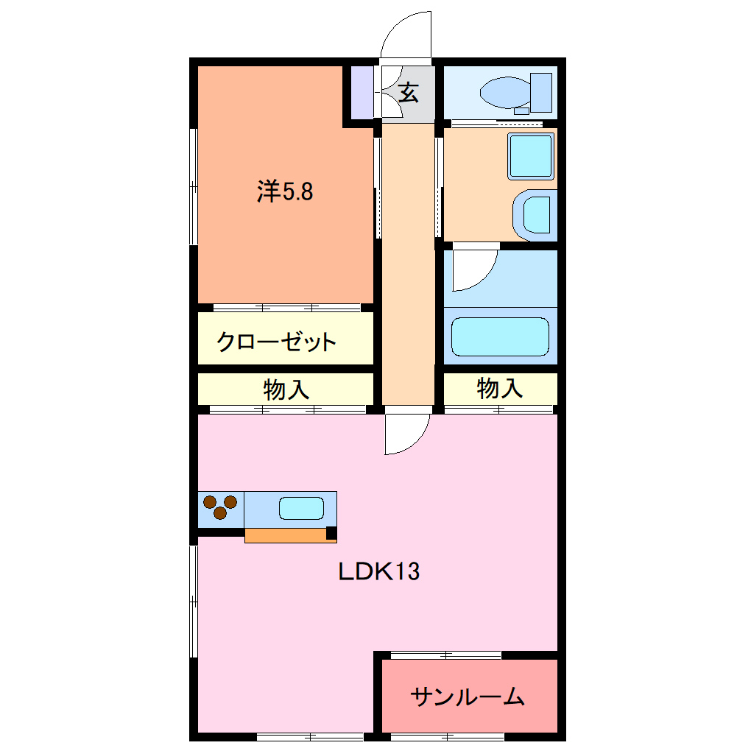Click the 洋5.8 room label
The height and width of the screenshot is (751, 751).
click(x=285, y=192)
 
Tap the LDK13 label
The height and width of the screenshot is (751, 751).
click(x=378, y=571)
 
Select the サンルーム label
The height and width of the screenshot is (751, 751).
click(x=468, y=696)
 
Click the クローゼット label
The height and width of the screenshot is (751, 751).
click(x=276, y=342)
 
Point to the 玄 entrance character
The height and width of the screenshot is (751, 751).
click(x=409, y=93)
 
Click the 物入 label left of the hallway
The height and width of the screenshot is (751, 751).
click(x=286, y=389)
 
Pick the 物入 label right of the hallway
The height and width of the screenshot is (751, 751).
click(x=500, y=388)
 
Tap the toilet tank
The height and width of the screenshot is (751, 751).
click(x=542, y=92)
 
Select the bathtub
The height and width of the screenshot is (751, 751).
click(x=500, y=337)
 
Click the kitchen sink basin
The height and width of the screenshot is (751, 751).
click(x=300, y=509)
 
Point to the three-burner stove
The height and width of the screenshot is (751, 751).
click(x=220, y=508)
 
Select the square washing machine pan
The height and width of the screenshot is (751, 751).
click(x=530, y=156)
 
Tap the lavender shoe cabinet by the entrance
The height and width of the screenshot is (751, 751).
click(x=362, y=92)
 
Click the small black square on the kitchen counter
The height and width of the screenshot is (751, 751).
click(x=331, y=532)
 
